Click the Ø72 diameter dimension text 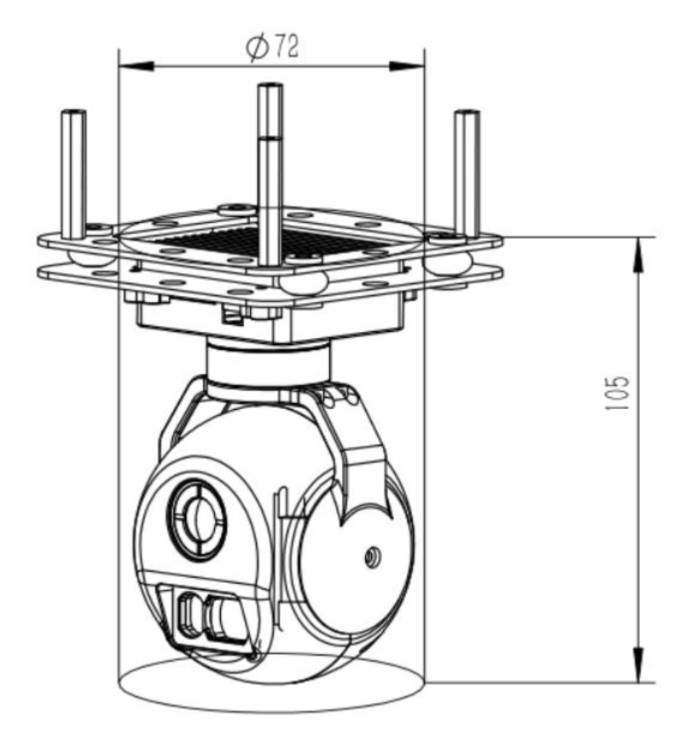coord(272,48)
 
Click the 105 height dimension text coord(621,394)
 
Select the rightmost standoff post coord(467,171)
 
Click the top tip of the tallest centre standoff coord(270,86)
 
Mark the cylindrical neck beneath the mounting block coord(267,362)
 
